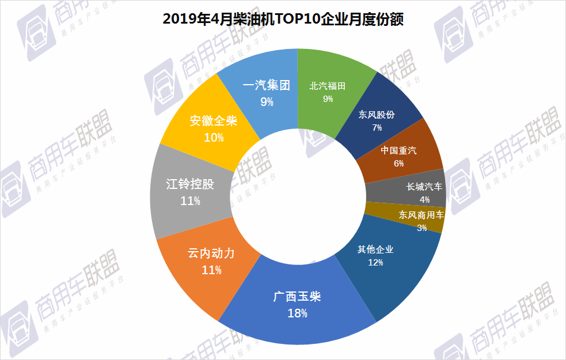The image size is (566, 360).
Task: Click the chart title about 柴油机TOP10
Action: [x=283, y=20]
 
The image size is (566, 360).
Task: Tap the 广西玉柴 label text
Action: [x=297, y=297]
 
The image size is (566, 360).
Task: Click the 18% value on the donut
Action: [x=297, y=313]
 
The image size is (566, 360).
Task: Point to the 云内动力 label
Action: [x=211, y=253]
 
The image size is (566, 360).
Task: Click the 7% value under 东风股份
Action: [x=377, y=127]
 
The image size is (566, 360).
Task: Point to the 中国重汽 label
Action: [x=398, y=151]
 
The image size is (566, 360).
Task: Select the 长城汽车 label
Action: [x=425, y=187]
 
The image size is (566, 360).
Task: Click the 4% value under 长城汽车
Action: [x=425, y=199]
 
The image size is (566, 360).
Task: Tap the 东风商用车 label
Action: [x=421, y=215]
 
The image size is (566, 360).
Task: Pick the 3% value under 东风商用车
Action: [x=422, y=228]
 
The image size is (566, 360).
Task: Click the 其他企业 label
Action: [x=375, y=249]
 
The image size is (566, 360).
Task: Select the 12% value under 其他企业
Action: [x=375, y=262]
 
